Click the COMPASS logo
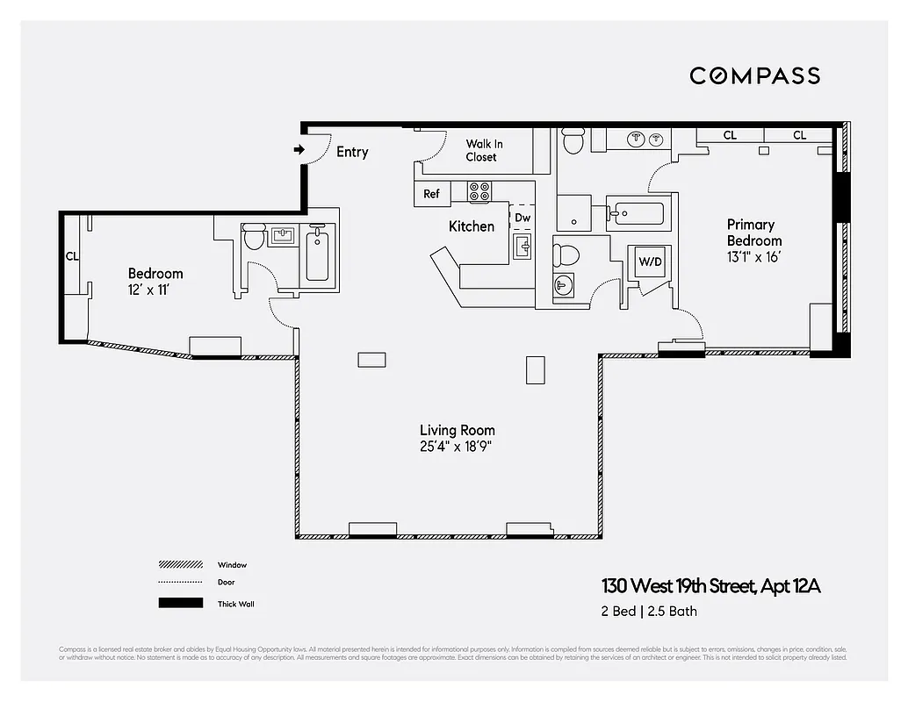tap(754, 75)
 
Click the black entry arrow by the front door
tap(299, 150)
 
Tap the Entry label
tap(352, 152)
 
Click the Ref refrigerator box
tap(432, 194)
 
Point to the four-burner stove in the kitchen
tap(479, 191)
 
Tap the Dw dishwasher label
tap(522, 218)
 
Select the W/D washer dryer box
tap(650, 261)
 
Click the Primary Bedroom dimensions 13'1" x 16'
tap(753, 256)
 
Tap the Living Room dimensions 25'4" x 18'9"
tap(457, 446)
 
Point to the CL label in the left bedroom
tap(72, 257)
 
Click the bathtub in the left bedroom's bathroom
tap(318, 253)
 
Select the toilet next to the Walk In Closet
tap(573, 141)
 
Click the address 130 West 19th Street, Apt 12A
tap(710, 586)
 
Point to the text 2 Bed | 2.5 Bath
tap(649, 612)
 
